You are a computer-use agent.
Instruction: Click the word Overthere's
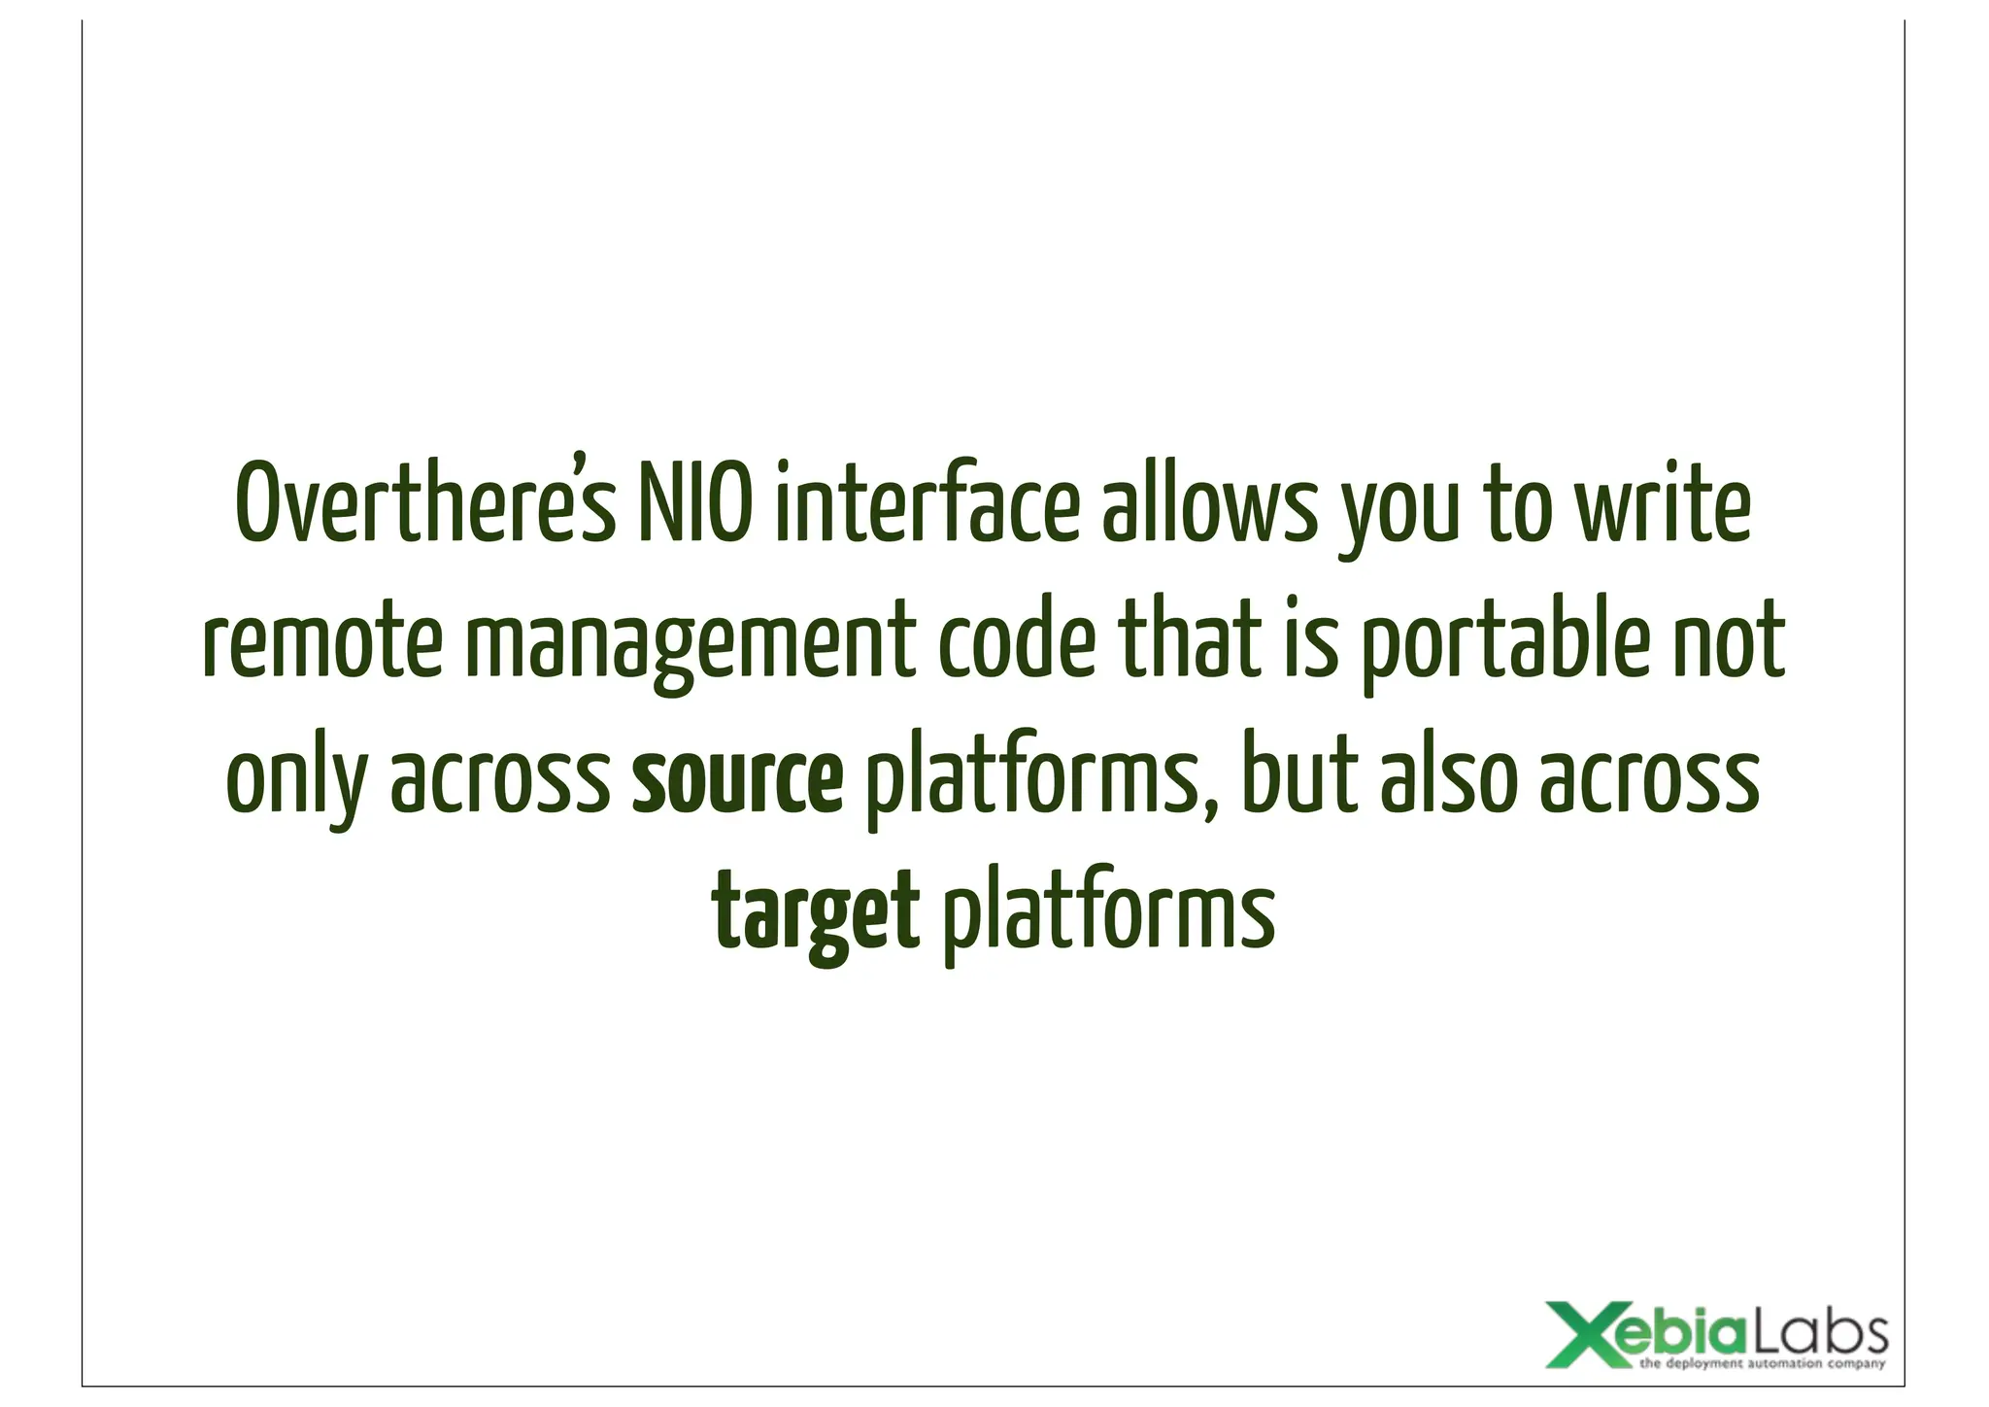425,506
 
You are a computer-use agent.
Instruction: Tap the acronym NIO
693,506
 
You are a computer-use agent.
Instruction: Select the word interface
927,506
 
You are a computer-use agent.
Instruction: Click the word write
1663,506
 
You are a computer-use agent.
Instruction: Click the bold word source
737,781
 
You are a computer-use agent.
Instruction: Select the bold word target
816,915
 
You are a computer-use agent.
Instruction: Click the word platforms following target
1108,915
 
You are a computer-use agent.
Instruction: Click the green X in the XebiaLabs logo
1580,1333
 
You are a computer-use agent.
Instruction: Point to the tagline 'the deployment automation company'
1762,1364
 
